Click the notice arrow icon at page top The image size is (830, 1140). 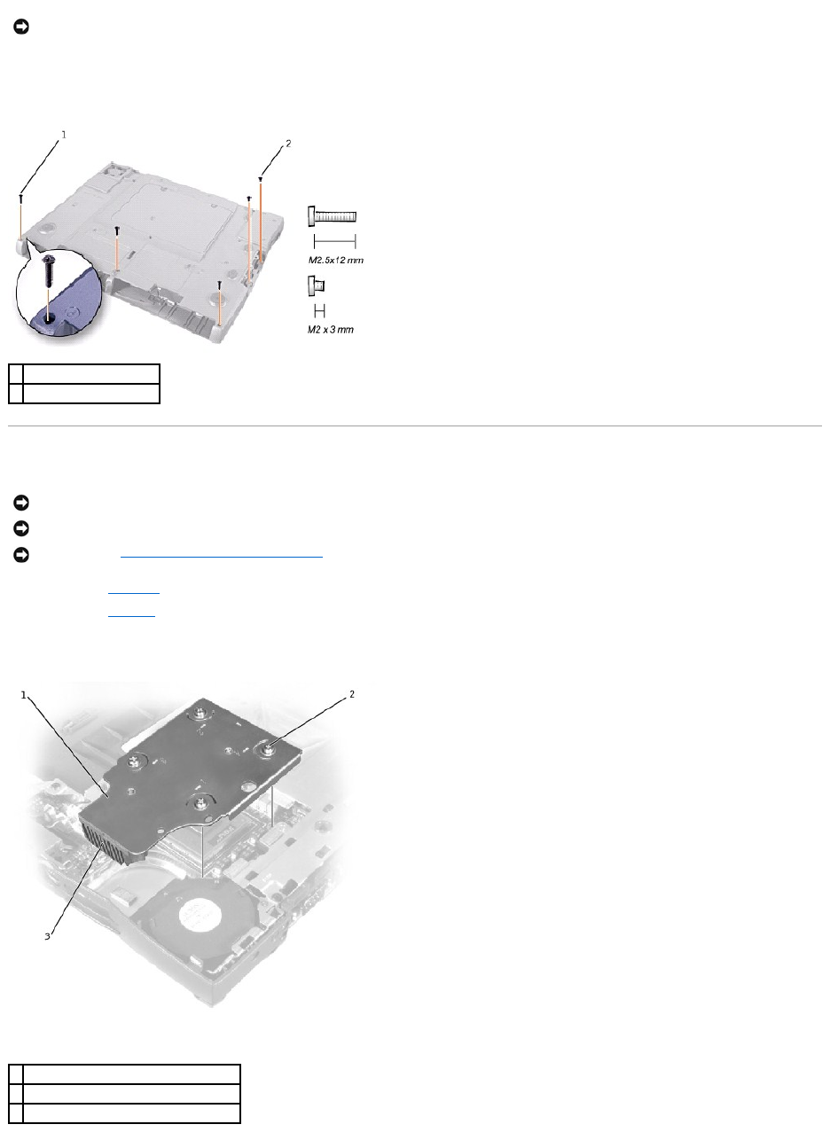21,27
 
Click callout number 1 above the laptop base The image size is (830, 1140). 64,135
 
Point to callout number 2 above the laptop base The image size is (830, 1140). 288,144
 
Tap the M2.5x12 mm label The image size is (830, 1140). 335,261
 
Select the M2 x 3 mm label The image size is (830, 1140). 331,330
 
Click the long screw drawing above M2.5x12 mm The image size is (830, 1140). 332,216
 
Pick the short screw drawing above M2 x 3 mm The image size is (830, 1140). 317,286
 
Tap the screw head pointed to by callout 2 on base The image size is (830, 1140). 261,179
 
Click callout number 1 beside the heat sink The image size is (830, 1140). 23,695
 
